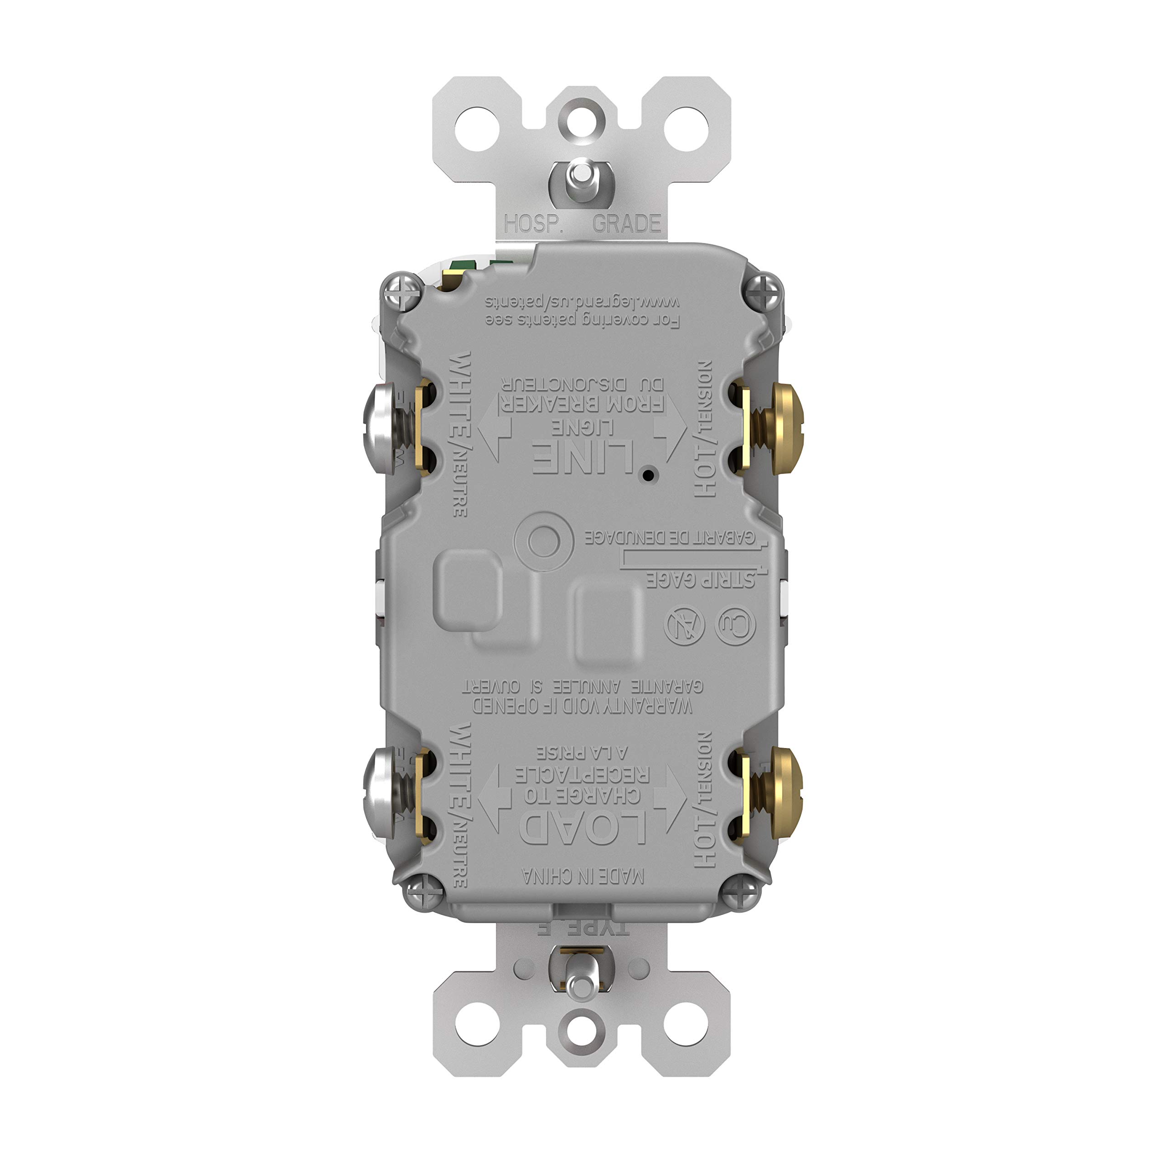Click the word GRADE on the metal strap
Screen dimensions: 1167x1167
pos(627,224)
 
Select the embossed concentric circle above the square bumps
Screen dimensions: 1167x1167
pos(543,541)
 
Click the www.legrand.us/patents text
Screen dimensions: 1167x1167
pos(583,301)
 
